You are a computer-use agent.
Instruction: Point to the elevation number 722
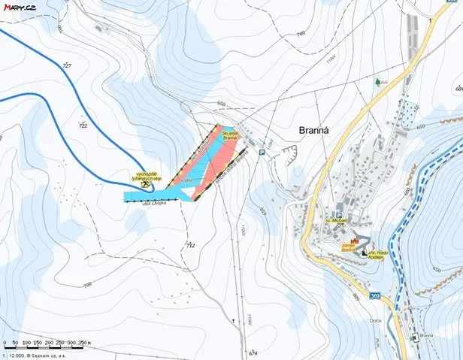coord(83,126)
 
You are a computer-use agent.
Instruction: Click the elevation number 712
coord(190,245)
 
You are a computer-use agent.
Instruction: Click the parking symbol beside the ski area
coord(262,153)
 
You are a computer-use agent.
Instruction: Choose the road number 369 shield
coord(375,295)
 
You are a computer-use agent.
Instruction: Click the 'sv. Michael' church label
coord(334,223)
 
